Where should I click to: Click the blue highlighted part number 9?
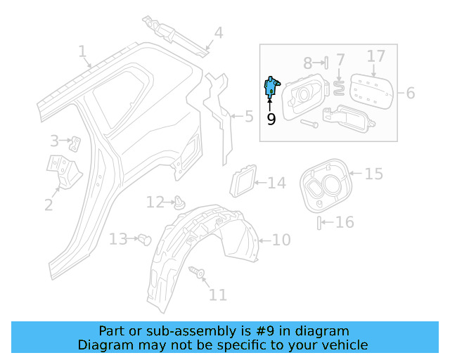(271, 86)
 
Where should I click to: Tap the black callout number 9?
(271, 119)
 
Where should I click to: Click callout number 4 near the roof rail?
(218, 32)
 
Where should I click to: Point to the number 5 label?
(249, 116)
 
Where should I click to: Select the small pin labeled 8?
(326, 63)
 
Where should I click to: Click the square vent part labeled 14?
(243, 182)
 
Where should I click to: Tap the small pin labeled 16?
(319, 223)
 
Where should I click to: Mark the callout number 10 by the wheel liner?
(281, 240)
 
